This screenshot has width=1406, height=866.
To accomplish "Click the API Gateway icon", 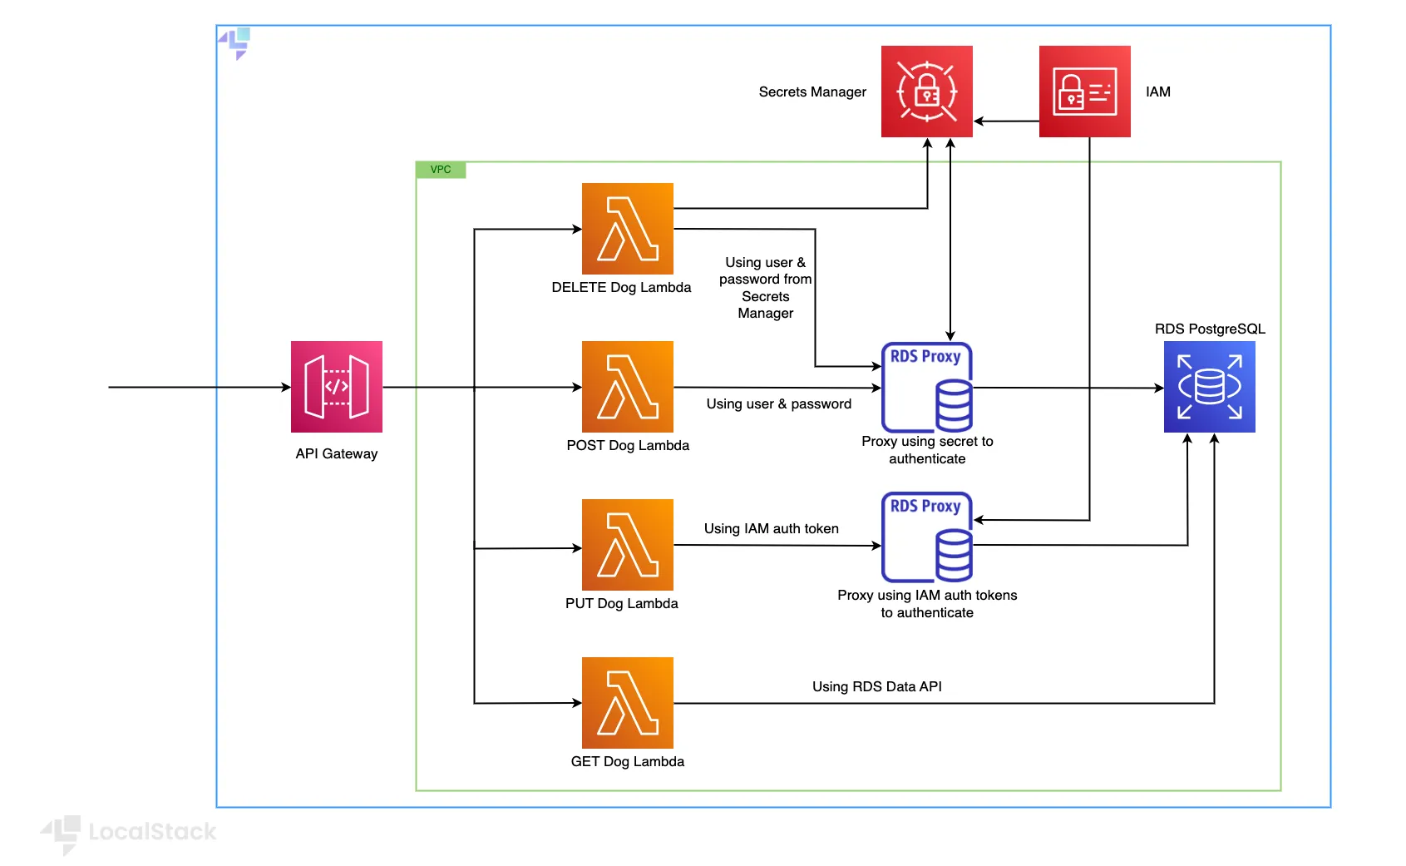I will click(337, 387).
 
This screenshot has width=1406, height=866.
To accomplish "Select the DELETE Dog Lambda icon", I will click(628, 229).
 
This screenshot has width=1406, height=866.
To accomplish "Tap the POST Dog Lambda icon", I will click(628, 387).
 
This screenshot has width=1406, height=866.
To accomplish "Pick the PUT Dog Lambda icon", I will click(628, 545).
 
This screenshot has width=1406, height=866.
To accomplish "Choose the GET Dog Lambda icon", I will click(628, 703).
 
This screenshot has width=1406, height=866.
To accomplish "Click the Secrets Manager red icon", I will click(927, 92).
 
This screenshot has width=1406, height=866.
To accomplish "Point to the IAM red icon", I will click(1085, 92).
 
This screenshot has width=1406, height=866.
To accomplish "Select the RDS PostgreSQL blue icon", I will click(1210, 387).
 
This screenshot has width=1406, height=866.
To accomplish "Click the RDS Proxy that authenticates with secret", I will click(927, 387).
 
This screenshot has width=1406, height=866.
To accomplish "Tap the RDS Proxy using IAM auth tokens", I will click(927, 537).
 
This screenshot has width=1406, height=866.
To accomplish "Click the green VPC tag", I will click(441, 170).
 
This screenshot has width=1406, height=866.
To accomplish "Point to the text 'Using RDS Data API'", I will click(877, 686).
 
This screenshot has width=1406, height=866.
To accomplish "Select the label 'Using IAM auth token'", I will click(772, 528).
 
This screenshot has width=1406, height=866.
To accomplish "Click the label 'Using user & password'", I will click(779, 403).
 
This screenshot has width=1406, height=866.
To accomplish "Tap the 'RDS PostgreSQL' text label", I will click(1210, 329).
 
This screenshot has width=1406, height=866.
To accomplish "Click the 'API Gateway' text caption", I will click(337, 453).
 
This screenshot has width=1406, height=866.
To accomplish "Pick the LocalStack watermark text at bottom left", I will click(152, 831).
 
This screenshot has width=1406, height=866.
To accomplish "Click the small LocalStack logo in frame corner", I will click(235, 42).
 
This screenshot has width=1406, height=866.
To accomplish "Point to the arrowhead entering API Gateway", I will click(286, 387).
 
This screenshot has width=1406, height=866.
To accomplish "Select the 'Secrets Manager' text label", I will click(812, 92).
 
